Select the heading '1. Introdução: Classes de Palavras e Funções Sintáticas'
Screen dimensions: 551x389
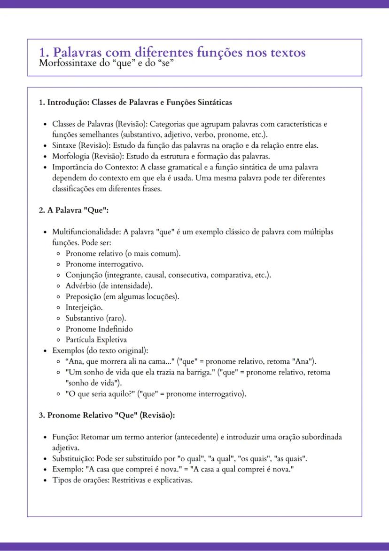click(135, 102)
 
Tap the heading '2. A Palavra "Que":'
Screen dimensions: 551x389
click(74, 210)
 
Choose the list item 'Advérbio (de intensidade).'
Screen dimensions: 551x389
click(109, 286)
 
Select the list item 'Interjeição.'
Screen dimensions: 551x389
click(84, 308)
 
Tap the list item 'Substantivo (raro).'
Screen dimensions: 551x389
click(93, 318)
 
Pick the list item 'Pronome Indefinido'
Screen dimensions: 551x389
click(99, 329)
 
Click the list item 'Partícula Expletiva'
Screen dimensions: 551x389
click(96, 340)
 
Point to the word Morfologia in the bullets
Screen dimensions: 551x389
click(70, 156)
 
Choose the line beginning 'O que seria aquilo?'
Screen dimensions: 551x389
click(156, 394)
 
